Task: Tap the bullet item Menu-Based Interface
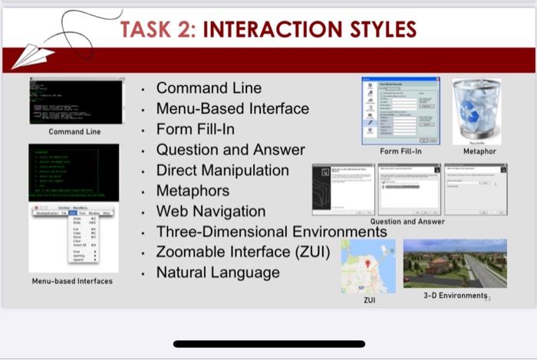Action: (232, 109)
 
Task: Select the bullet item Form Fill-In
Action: (196, 129)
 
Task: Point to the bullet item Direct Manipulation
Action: (222, 170)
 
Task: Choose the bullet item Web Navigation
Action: (211, 211)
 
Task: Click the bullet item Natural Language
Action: (218, 272)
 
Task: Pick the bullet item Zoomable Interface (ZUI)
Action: (243, 252)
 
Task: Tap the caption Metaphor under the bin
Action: (479, 152)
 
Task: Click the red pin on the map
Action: (368, 263)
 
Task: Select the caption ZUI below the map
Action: (369, 300)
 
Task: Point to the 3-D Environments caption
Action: (455, 296)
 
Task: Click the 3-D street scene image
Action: (455, 263)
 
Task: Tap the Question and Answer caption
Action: (407, 222)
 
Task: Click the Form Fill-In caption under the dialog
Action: (400, 152)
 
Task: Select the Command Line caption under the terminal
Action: (74, 132)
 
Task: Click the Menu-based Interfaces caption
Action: (72, 281)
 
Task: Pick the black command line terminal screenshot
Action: (76, 101)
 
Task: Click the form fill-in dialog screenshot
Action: (400, 111)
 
